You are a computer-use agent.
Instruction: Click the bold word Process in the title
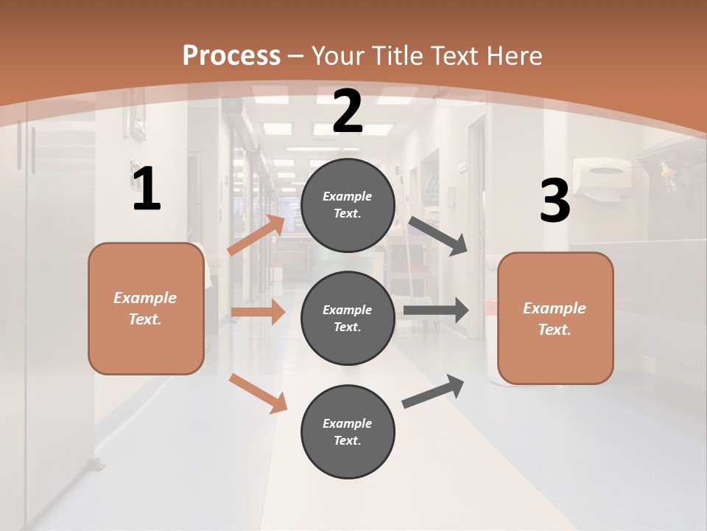[231, 55]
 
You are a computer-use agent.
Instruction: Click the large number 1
[147, 189]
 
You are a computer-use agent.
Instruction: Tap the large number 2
[348, 111]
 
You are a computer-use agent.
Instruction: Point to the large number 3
[555, 201]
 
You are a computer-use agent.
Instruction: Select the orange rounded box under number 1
[146, 308]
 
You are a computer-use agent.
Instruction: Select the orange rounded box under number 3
[555, 318]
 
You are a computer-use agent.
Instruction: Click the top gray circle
[348, 205]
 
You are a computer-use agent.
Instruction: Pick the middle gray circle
[348, 318]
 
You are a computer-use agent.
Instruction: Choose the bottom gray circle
[348, 431]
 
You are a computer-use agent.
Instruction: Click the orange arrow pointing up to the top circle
[256, 235]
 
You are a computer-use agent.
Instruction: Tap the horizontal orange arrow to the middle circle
[258, 312]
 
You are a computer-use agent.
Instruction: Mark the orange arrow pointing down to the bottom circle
[258, 393]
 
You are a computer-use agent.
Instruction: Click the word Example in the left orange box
[145, 298]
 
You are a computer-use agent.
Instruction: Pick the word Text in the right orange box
[553, 330]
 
